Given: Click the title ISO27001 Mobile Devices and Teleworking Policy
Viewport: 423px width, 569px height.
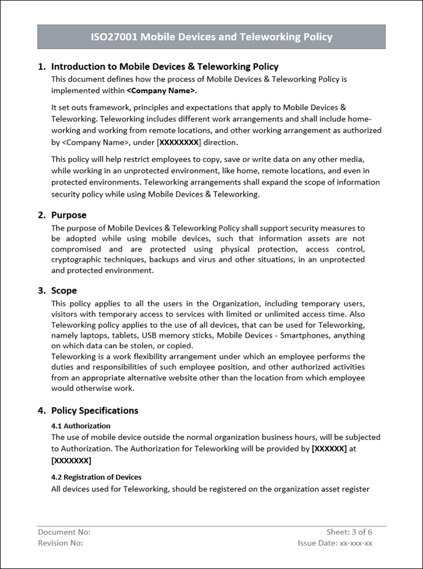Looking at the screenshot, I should (x=211, y=37).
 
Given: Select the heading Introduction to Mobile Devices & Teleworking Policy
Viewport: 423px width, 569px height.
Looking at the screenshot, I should (x=165, y=66).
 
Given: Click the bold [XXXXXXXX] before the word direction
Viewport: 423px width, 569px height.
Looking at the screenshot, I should (x=179, y=142).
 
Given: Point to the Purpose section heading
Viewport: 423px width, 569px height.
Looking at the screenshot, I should (x=69, y=215).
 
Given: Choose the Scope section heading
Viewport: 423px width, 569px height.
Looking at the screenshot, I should (x=64, y=291).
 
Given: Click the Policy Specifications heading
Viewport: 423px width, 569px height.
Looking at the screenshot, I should (x=94, y=410).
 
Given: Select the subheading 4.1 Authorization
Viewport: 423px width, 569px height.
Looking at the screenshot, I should (x=80, y=426).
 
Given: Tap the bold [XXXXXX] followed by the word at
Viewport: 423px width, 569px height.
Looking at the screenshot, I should (x=329, y=448).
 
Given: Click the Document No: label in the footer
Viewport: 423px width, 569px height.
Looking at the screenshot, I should (x=64, y=532).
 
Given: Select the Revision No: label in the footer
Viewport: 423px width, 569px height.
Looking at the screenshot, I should (x=61, y=543).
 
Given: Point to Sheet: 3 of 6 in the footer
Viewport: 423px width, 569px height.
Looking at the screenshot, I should (x=349, y=532).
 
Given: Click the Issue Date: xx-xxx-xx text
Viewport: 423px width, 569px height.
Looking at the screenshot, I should (x=335, y=543).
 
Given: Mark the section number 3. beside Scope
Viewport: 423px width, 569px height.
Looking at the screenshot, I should (x=42, y=291).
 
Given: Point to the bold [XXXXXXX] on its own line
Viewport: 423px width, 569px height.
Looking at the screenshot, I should (x=71, y=460).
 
